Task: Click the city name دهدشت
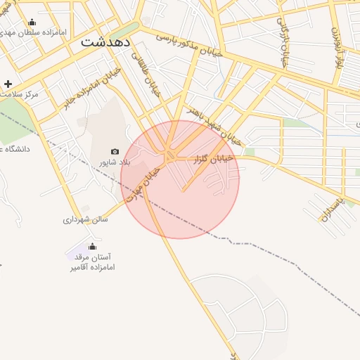click(106, 41)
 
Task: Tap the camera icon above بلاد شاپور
click(115, 151)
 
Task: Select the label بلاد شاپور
click(115, 162)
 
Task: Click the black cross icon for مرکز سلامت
click(8, 84)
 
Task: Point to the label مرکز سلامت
click(19, 94)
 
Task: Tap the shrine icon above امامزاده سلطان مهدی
click(32, 22)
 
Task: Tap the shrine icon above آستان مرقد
click(92, 246)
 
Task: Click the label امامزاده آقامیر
click(92, 267)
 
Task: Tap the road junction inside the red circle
click(171, 156)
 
